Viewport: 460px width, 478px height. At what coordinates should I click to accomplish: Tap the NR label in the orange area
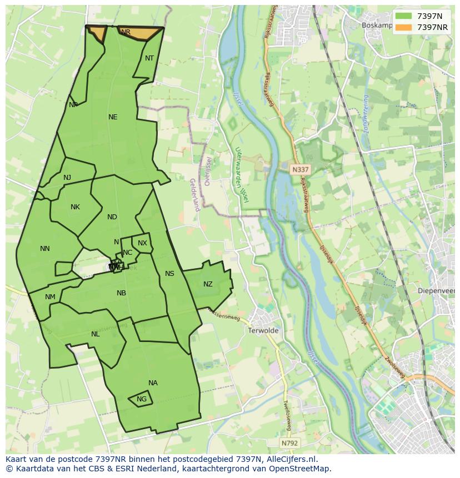(x=126, y=32)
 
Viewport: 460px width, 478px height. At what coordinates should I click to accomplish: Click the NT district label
(x=149, y=58)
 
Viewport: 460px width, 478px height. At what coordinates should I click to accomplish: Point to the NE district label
(x=113, y=117)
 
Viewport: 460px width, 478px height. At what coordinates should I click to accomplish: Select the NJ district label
(x=67, y=178)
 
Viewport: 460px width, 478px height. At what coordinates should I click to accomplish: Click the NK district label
(x=75, y=207)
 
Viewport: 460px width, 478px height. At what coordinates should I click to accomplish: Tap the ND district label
(x=112, y=217)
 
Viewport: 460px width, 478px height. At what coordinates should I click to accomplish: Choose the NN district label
(x=45, y=249)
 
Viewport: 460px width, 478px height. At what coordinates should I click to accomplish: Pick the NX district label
(x=142, y=243)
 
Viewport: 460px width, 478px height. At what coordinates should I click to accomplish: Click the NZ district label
(x=208, y=284)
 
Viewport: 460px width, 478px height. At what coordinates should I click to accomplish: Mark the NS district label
(x=169, y=274)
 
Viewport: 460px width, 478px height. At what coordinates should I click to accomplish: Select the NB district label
(x=121, y=293)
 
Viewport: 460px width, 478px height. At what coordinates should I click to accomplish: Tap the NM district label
(x=50, y=297)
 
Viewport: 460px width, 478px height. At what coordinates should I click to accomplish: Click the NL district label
(x=96, y=334)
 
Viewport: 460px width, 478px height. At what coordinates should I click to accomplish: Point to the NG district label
(x=142, y=399)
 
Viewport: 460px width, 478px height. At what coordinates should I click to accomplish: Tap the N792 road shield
(x=289, y=443)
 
